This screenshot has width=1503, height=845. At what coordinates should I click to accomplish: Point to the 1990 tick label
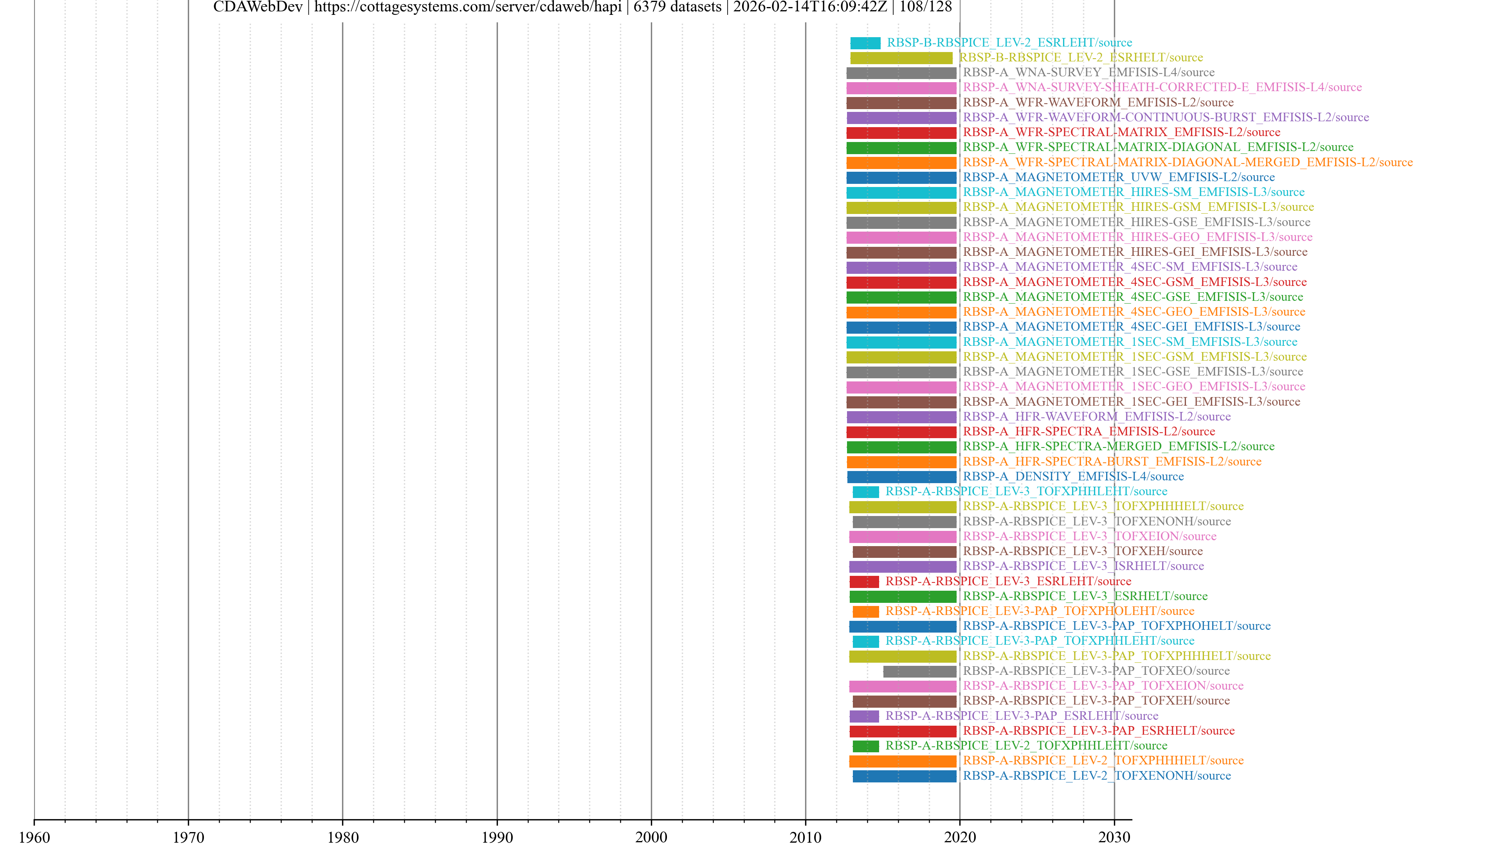497,837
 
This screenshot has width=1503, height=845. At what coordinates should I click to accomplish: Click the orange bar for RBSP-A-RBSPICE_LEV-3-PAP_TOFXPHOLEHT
865,611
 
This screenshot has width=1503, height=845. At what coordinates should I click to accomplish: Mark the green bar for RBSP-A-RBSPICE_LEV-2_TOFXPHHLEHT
865,746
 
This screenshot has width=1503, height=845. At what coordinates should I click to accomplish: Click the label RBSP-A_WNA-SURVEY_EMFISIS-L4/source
1088,72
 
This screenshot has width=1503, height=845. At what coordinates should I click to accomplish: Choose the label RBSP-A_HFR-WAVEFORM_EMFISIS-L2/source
1096,416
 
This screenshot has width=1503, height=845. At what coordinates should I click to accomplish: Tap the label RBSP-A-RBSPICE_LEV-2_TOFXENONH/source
1096,776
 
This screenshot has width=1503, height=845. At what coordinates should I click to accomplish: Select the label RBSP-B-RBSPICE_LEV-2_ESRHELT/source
1081,57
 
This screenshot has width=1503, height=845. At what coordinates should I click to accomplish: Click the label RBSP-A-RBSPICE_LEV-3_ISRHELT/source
1083,566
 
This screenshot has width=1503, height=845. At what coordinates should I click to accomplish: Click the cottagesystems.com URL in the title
467,7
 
